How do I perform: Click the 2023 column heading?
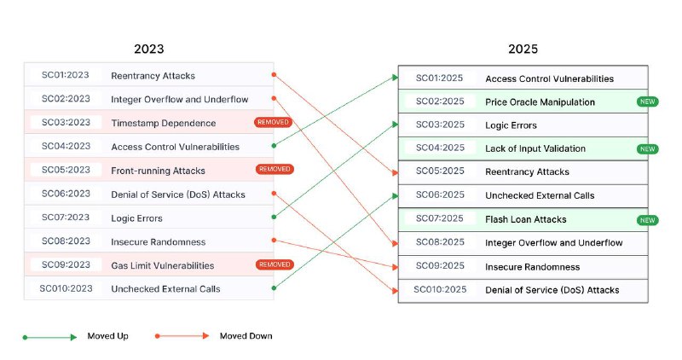point(148,49)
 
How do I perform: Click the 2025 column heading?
point(523,49)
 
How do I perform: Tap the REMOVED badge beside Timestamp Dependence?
point(273,122)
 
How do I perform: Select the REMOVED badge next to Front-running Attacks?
point(275,169)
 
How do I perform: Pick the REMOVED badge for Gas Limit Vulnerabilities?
point(275,264)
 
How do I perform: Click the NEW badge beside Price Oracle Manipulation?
point(648,102)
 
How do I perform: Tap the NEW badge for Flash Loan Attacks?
point(648,220)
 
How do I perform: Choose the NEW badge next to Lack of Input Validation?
point(648,149)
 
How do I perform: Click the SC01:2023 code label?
point(66,75)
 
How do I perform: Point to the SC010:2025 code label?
point(440,289)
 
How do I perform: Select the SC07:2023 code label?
point(66,218)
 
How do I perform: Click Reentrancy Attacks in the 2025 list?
point(527,172)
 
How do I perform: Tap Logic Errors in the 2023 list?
point(136,218)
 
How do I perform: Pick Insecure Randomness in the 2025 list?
point(532,267)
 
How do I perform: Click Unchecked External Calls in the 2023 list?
point(165,289)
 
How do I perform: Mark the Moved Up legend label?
point(108,336)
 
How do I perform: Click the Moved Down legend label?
point(246,336)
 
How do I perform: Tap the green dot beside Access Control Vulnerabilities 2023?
point(274,146)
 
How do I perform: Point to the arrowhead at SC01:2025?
point(395,78)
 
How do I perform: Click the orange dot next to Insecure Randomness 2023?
point(274,241)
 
